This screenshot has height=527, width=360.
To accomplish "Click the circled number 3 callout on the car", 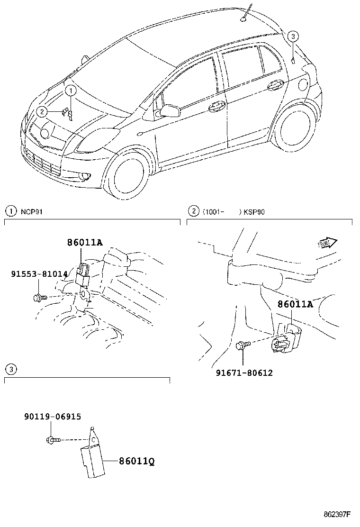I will (x=293, y=36).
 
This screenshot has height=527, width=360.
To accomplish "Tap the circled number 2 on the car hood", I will (x=42, y=112).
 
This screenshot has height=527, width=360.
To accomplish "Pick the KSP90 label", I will (x=254, y=212).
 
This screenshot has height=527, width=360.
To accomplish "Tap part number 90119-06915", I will (x=52, y=417).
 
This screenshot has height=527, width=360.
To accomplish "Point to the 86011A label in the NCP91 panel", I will (x=84, y=243).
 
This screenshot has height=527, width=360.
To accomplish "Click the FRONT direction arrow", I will (x=327, y=244).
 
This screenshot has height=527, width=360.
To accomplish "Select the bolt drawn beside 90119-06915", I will (x=53, y=440).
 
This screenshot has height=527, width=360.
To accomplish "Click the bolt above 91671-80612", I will (x=241, y=346).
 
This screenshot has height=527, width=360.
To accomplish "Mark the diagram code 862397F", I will (x=337, y=514).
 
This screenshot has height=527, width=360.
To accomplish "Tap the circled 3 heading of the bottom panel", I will (x=9, y=369).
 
